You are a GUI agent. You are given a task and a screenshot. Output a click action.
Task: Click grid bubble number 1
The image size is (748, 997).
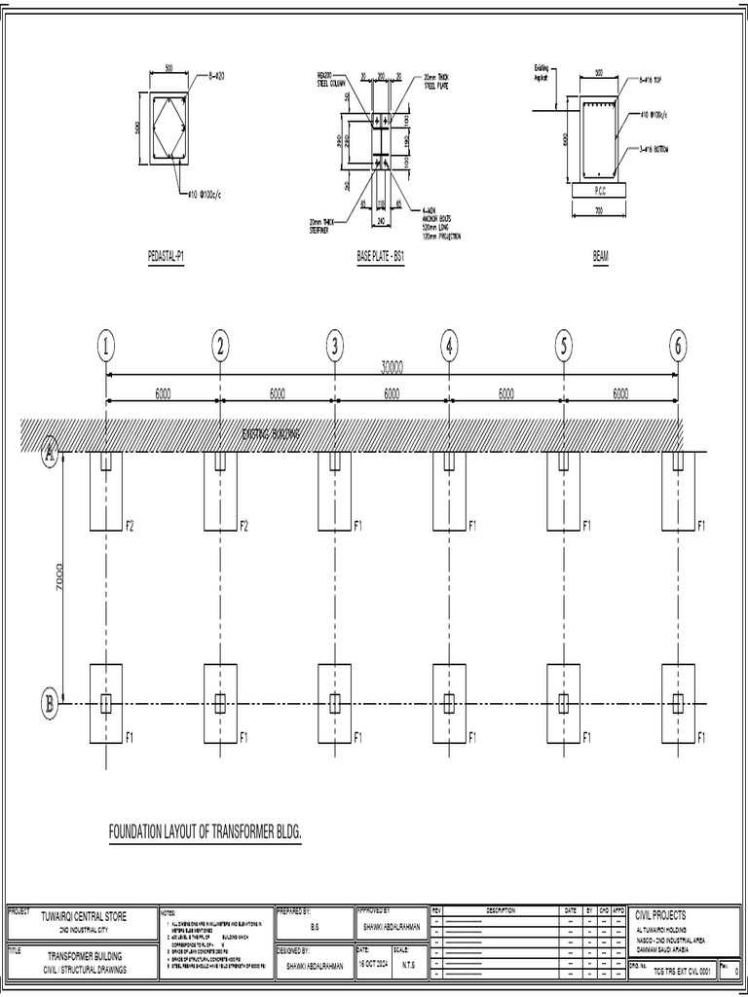click(x=106, y=345)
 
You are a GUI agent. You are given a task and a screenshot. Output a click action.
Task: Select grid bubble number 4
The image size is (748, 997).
click(x=449, y=345)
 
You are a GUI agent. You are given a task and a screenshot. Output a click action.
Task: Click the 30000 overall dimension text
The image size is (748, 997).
click(x=392, y=367)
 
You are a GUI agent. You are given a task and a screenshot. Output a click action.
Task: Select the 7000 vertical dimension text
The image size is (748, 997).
click(x=59, y=577)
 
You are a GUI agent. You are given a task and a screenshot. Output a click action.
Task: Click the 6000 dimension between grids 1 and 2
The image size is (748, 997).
click(x=163, y=393)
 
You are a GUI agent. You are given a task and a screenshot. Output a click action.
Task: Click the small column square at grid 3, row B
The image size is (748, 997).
click(x=335, y=702)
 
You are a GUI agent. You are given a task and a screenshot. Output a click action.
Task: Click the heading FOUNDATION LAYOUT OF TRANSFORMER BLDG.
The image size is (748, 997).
click(x=206, y=834)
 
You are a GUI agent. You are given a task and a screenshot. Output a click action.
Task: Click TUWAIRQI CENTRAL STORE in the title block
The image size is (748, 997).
click(x=84, y=916)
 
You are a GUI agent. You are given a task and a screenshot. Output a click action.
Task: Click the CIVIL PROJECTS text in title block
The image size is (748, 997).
click(x=661, y=915)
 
